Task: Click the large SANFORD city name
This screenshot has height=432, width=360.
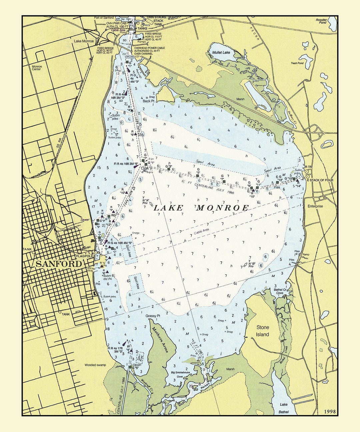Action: [59, 264]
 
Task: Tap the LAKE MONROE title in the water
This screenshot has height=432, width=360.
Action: [201, 208]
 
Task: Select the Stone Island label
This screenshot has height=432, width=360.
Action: [262, 331]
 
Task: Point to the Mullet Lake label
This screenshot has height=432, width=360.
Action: [221, 53]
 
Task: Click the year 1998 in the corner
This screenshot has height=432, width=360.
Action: [330, 412]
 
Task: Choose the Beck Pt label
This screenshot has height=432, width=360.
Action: [148, 101]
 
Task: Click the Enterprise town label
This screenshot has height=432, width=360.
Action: [315, 206]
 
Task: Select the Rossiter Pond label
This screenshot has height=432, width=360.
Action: [322, 21]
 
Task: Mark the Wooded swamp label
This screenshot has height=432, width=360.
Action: [95, 365]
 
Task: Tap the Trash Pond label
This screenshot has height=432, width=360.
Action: [297, 63]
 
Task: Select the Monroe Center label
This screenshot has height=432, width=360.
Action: [37, 68]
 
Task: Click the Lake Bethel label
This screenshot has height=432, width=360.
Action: [284, 408]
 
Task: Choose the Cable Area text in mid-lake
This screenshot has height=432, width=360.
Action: [201, 230]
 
